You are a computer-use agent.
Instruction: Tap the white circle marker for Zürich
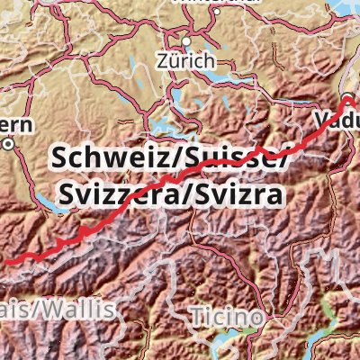pos(186,40)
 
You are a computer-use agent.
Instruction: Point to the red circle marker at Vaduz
pos(348,98)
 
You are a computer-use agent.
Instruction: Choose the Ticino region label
pos(227,317)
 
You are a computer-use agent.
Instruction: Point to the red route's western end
pos(3,261)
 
